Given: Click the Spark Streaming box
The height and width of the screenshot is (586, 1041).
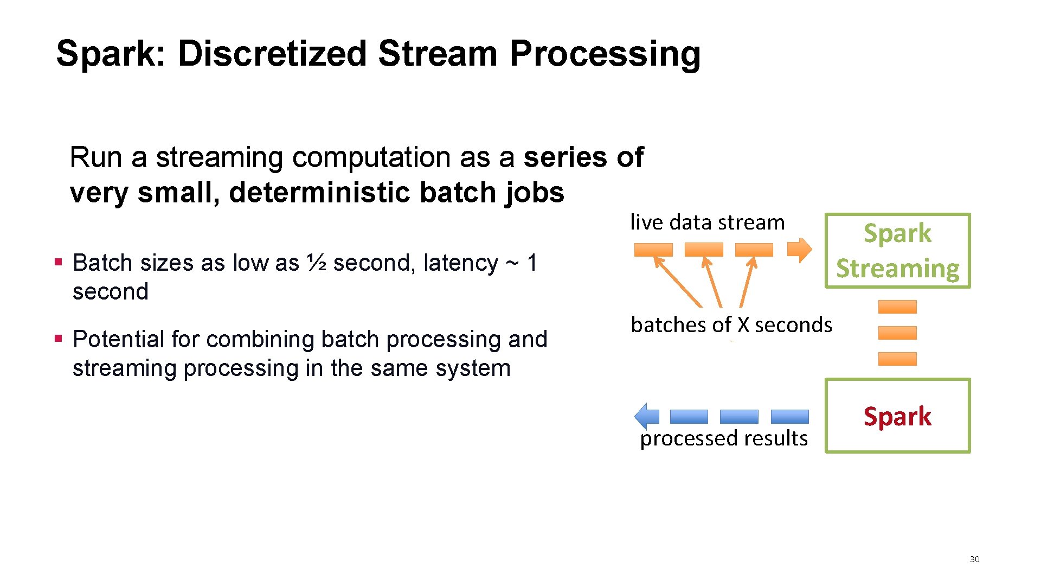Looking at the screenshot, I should [x=897, y=251].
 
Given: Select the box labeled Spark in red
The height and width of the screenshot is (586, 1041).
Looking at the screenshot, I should [x=897, y=416].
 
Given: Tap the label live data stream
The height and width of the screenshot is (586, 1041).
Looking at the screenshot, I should [x=707, y=222].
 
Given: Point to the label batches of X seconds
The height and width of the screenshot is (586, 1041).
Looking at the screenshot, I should [x=731, y=325].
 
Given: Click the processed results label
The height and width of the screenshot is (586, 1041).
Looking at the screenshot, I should [x=723, y=438].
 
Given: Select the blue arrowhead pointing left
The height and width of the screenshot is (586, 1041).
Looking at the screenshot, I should [x=645, y=417].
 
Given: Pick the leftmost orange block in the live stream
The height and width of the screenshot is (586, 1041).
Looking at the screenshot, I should [x=653, y=250].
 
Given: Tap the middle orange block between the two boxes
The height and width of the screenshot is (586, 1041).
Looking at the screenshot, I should [x=897, y=333].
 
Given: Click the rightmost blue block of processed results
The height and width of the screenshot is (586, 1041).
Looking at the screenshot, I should [x=789, y=417].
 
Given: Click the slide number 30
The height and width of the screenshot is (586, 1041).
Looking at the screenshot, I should [x=974, y=559].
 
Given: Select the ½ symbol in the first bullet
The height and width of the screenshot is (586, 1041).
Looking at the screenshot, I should [x=317, y=263].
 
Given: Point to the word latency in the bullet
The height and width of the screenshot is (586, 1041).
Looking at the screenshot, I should [x=460, y=263].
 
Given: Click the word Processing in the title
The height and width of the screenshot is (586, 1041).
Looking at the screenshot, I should [x=605, y=54].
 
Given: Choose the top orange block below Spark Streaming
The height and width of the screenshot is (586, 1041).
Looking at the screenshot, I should [x=897, y=307].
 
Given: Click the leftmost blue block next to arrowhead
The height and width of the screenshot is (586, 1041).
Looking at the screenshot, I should [x=689, y=417].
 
